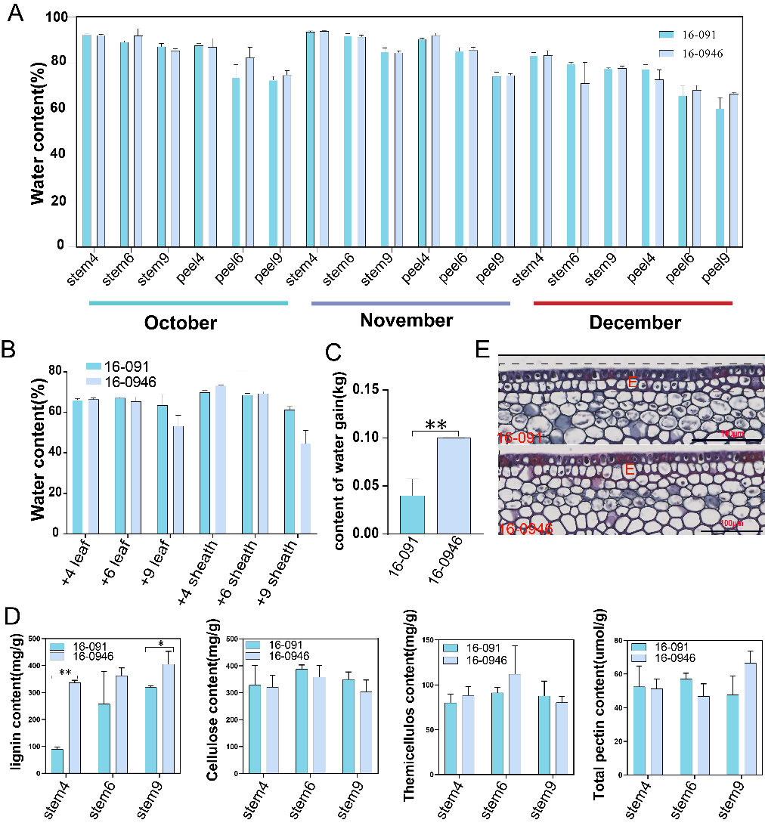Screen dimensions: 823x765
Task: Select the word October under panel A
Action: (181, 323)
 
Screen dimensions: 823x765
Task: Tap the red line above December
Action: (633, 303)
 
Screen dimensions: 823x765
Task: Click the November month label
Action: (407, 320)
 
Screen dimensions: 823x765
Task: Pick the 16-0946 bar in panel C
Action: (453, 485)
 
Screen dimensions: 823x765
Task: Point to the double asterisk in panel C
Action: (435, 425)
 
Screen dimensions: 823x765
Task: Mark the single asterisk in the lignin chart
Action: (160, 644)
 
